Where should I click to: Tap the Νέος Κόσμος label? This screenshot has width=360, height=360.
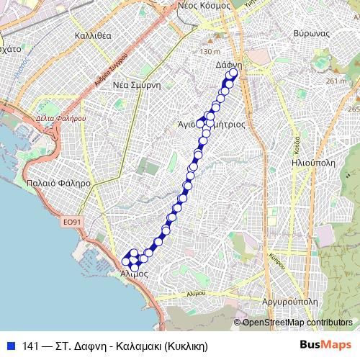[x=204, y=5]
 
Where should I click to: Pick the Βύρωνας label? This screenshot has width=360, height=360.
[x=312, y=34]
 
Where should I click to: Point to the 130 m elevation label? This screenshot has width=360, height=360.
[x=210, y=52]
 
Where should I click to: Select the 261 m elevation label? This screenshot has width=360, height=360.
[x=336, y=81]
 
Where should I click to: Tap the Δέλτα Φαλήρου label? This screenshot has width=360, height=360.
[x=60, y=117]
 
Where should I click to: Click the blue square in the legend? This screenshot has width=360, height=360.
[x=10, y=345]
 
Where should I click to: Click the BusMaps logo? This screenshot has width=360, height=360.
[x=326, y=344]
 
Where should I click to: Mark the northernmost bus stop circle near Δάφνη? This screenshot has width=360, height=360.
[x=233, y=71]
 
